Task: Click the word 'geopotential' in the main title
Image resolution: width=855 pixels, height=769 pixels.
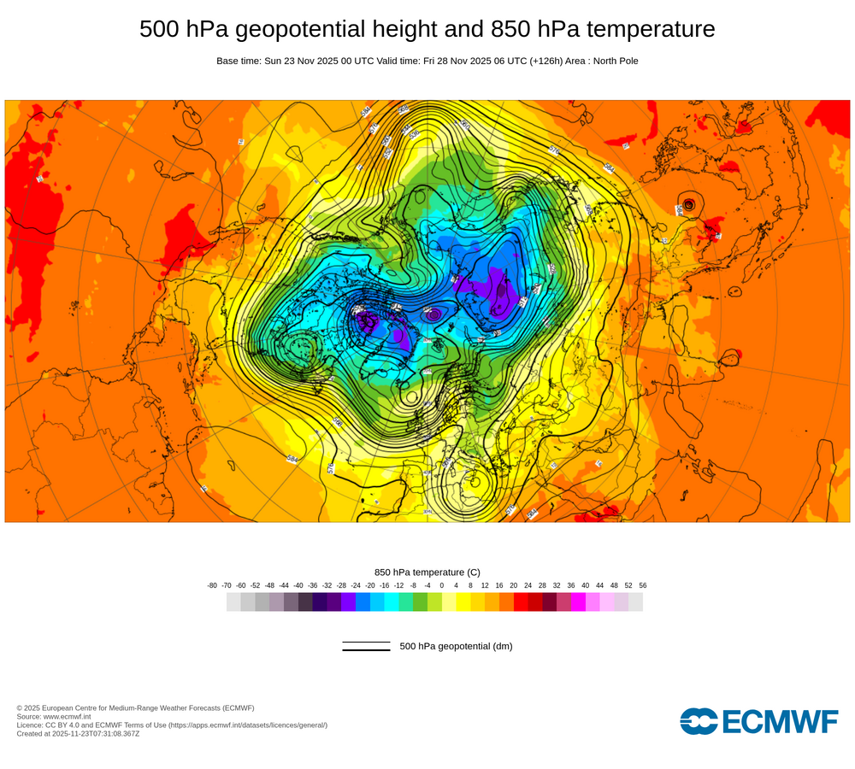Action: click(290, 29)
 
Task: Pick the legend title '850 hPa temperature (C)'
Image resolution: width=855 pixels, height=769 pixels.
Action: click(427, 572)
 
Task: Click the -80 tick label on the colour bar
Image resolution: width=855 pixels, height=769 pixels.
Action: click(212, 585)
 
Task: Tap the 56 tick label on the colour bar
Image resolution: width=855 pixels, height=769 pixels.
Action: click(642, 585)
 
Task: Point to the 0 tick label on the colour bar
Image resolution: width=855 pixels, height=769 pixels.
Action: click(441, 585)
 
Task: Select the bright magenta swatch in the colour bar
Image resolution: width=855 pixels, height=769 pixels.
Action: click(578, 602)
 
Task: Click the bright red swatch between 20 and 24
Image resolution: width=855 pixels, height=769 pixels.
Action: click(521, 602)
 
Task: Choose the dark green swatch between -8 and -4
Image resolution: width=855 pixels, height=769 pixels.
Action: click(420, 602)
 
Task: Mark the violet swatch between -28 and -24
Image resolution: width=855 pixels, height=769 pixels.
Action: click(348, 602)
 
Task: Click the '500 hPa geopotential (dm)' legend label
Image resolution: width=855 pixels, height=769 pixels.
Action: click(456, 646)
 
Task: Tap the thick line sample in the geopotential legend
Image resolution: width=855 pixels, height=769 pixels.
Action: click(366, 650)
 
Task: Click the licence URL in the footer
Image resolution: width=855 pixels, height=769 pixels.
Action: click(248, 725)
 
